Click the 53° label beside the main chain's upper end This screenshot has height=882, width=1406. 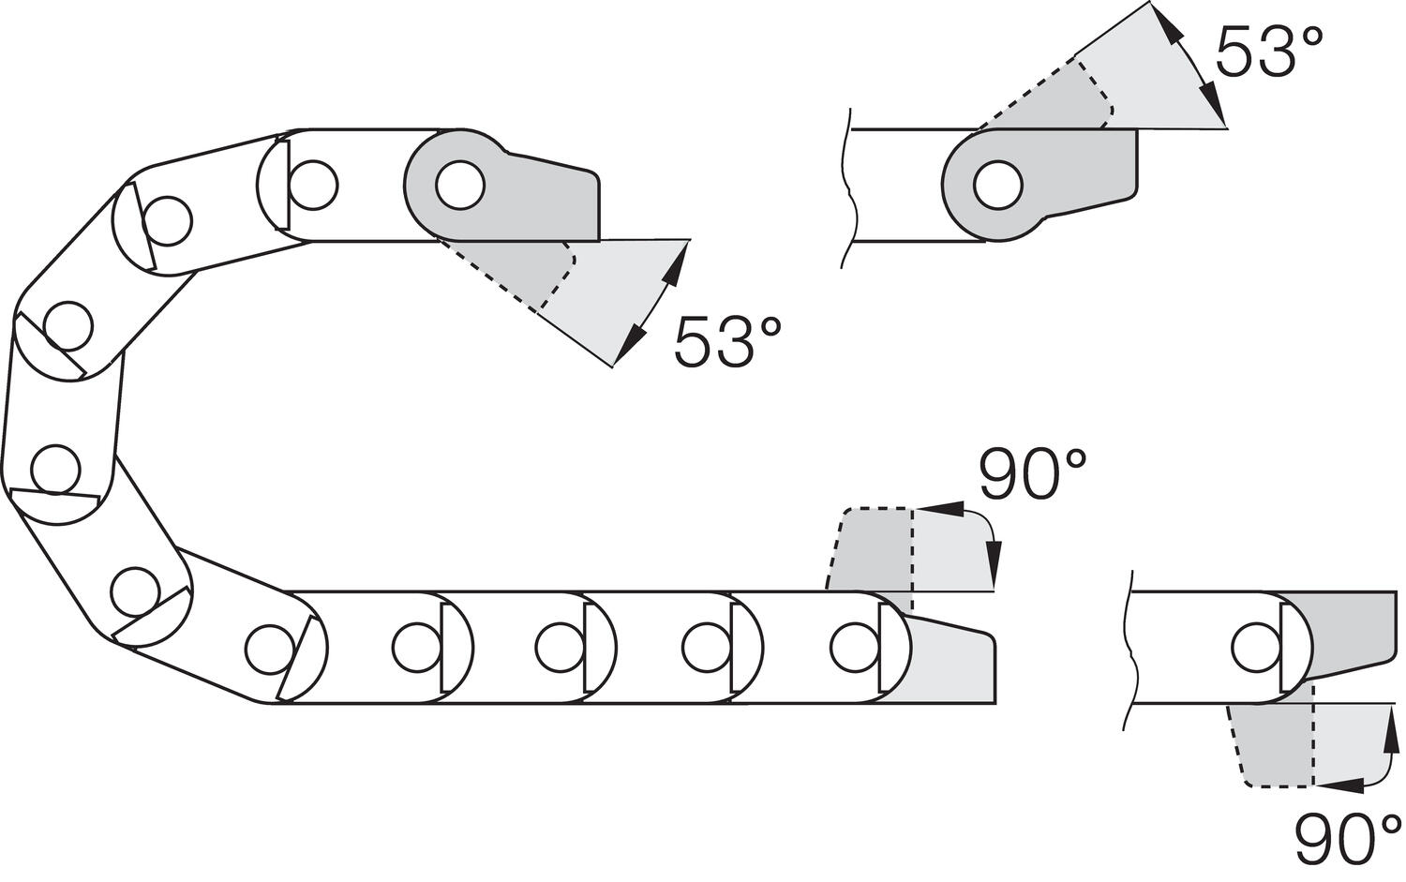726,341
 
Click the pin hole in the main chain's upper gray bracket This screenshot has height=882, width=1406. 460,185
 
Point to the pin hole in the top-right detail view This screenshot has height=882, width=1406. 997,185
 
